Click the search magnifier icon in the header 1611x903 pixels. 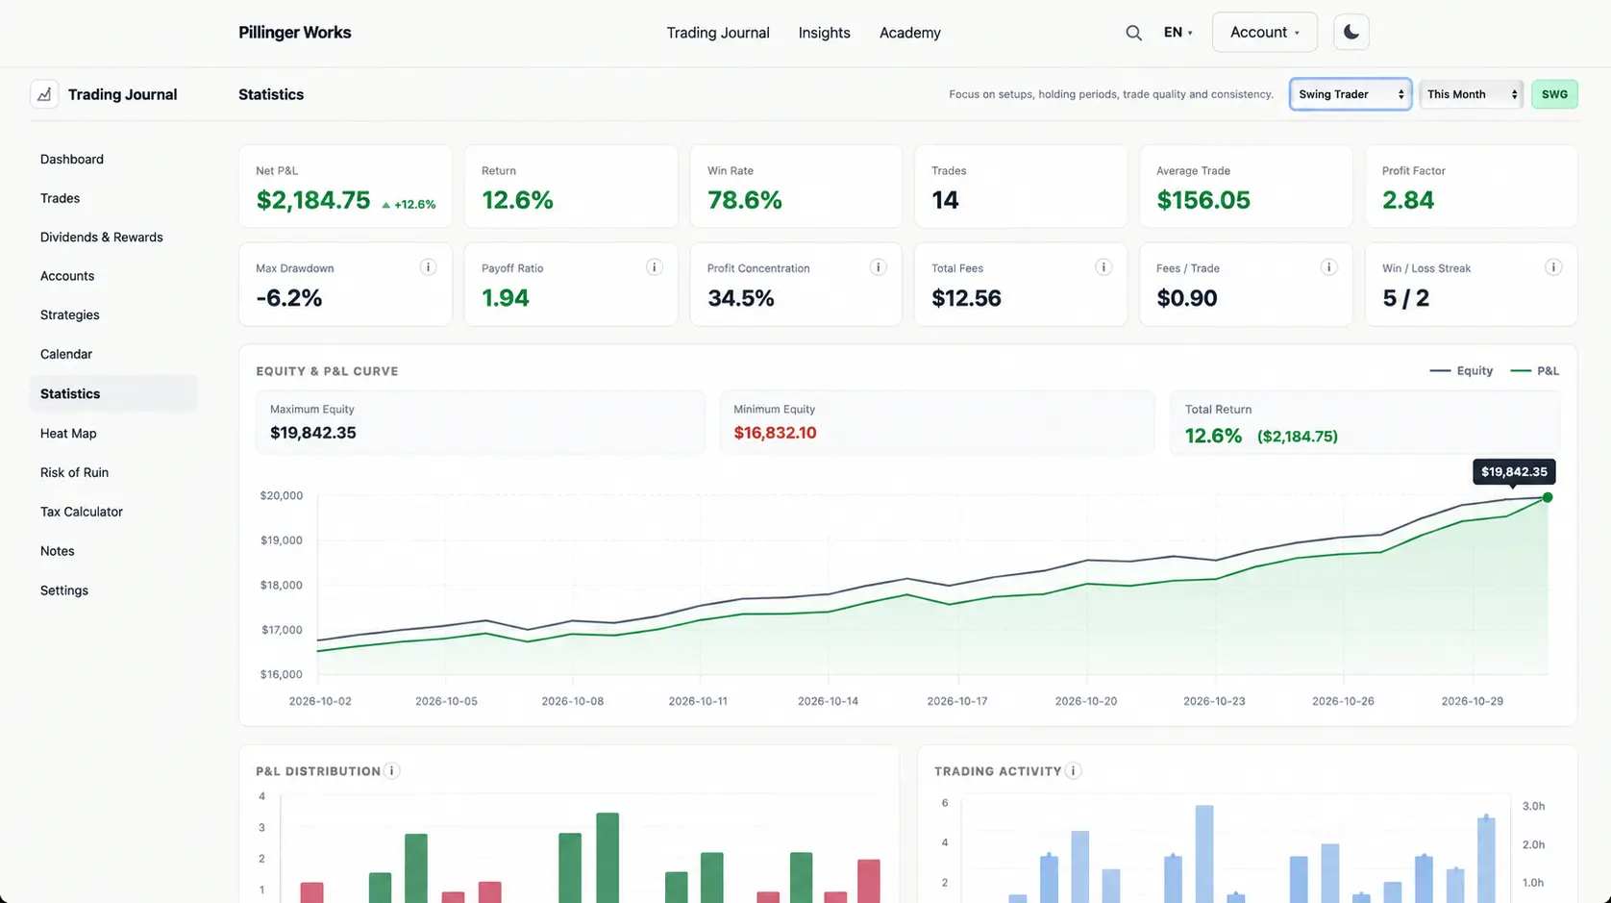(1133, 33)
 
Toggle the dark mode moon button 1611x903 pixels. (1351, 32)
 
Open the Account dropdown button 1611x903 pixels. (1264, 32)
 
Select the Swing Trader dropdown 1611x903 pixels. (1351, 94)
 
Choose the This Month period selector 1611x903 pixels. (1472, 94)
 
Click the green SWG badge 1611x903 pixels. (1555, 94)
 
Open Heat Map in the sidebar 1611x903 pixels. (68, 433)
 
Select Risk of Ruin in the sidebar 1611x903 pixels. (74, 472)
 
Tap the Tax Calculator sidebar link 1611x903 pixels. (82, 512)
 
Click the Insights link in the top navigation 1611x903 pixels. (824, 33)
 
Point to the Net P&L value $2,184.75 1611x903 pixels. (312, 200)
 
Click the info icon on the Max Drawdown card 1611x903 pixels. (428, 267)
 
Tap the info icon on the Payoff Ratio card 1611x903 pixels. (654, 267)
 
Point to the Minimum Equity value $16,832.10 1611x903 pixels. (775, 433)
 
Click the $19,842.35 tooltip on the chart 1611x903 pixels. (1514, 472)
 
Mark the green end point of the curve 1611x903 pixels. (1548, 497)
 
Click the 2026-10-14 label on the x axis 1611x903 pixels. (828, 701)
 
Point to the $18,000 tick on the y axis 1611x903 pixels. (282, 585)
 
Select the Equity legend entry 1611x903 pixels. (1461, 370)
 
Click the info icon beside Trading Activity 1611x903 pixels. (1073, 770)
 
